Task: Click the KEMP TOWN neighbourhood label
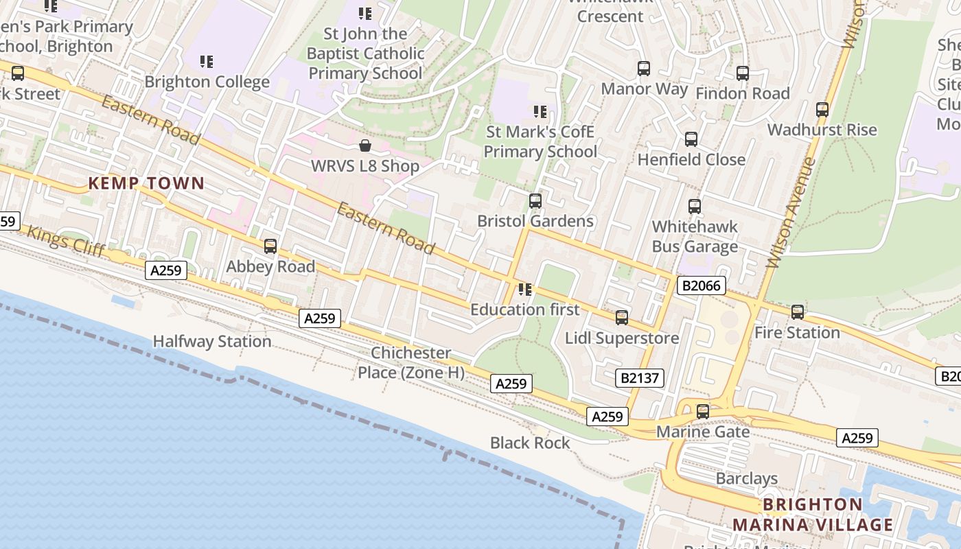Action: pos(146,183)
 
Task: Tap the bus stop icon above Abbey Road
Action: pos(270,246)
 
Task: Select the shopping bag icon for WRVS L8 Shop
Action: pos(365,145)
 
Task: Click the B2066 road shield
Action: pos(701,285)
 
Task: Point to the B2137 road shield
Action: pos(639,377)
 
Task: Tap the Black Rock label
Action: pos(530,443)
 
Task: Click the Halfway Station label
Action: pos(211,341)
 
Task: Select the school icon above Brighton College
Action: pos(207,62)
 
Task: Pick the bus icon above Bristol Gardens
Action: pos(535,201)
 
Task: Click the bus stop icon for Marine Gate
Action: pos(703,412)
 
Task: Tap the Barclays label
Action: pos(747,478)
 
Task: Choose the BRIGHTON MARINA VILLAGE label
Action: pos(813,515)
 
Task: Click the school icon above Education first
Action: pos(525,290)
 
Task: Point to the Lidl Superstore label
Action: pos(622,338)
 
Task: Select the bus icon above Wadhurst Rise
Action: pos(822,109)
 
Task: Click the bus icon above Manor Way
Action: pos(644,69)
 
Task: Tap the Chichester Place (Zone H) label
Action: pos(410,363)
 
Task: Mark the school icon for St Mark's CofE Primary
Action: pos(540,111)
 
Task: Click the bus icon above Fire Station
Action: pos(798,312)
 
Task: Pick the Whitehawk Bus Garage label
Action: pos(695,236)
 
